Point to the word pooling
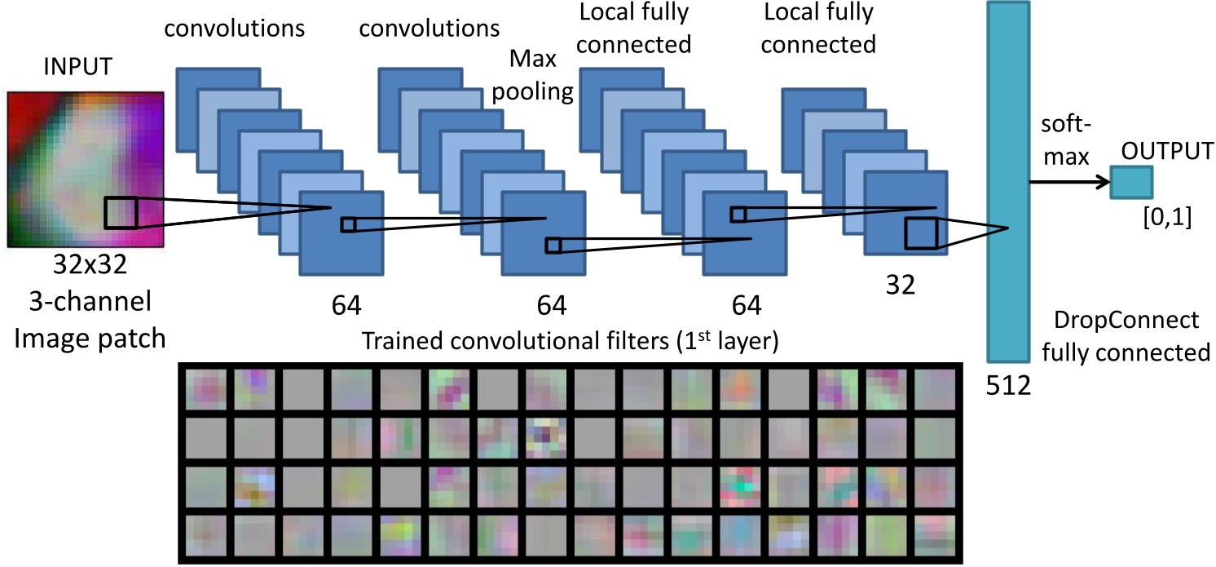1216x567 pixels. (534, 90)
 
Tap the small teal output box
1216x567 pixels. (1131, 180)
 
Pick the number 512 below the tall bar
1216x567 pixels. (1009, 383)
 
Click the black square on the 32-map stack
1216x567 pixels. (921, 233)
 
